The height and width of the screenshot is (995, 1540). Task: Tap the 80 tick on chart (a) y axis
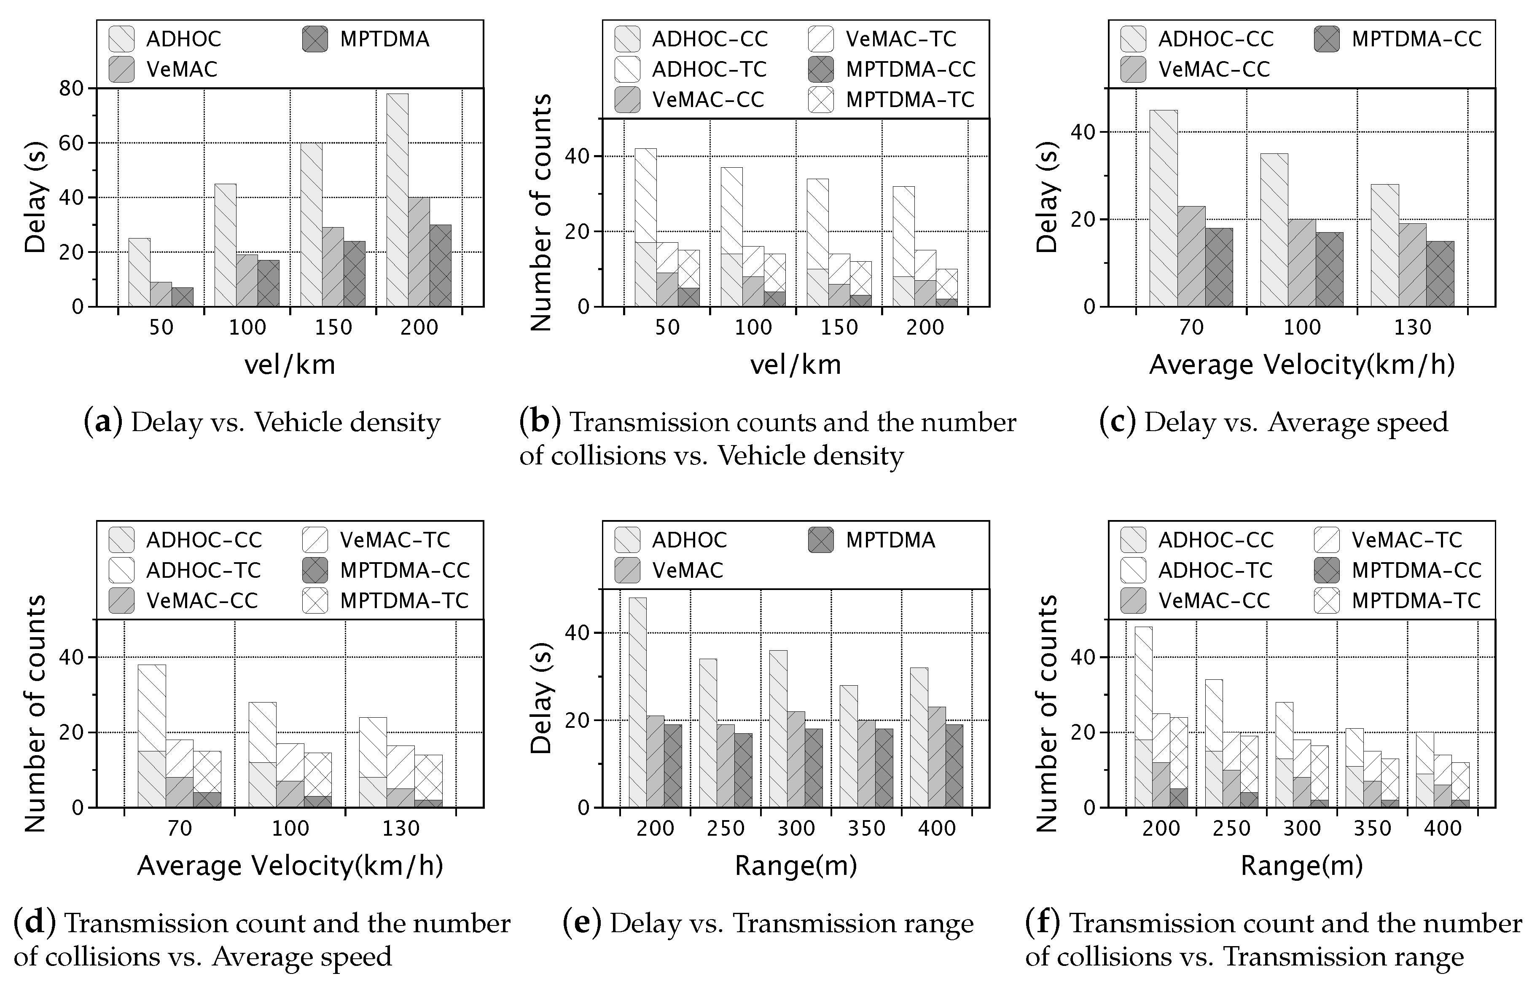point(71,88)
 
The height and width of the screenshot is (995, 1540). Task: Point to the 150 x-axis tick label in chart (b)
point(839,327)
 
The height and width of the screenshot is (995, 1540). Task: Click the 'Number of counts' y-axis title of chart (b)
point(540,212)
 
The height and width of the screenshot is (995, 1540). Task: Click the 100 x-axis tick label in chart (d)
point(290,828)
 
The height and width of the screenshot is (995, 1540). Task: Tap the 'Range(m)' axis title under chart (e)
point(796,866)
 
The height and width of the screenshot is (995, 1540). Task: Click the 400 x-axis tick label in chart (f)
point(1443,828)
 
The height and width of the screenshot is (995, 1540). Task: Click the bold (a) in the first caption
point(103,423)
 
